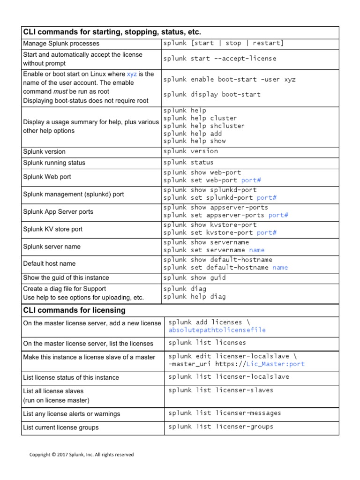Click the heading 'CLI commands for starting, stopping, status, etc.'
112,32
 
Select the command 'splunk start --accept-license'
219,59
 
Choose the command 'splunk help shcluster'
204,126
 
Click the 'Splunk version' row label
45,152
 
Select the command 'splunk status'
188,162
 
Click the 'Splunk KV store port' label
53,229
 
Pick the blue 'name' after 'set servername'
256,250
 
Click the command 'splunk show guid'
195,277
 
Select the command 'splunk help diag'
195,296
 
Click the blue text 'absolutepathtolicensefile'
217,330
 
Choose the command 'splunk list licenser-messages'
225,413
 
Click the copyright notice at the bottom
82,455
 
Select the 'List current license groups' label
61,427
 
